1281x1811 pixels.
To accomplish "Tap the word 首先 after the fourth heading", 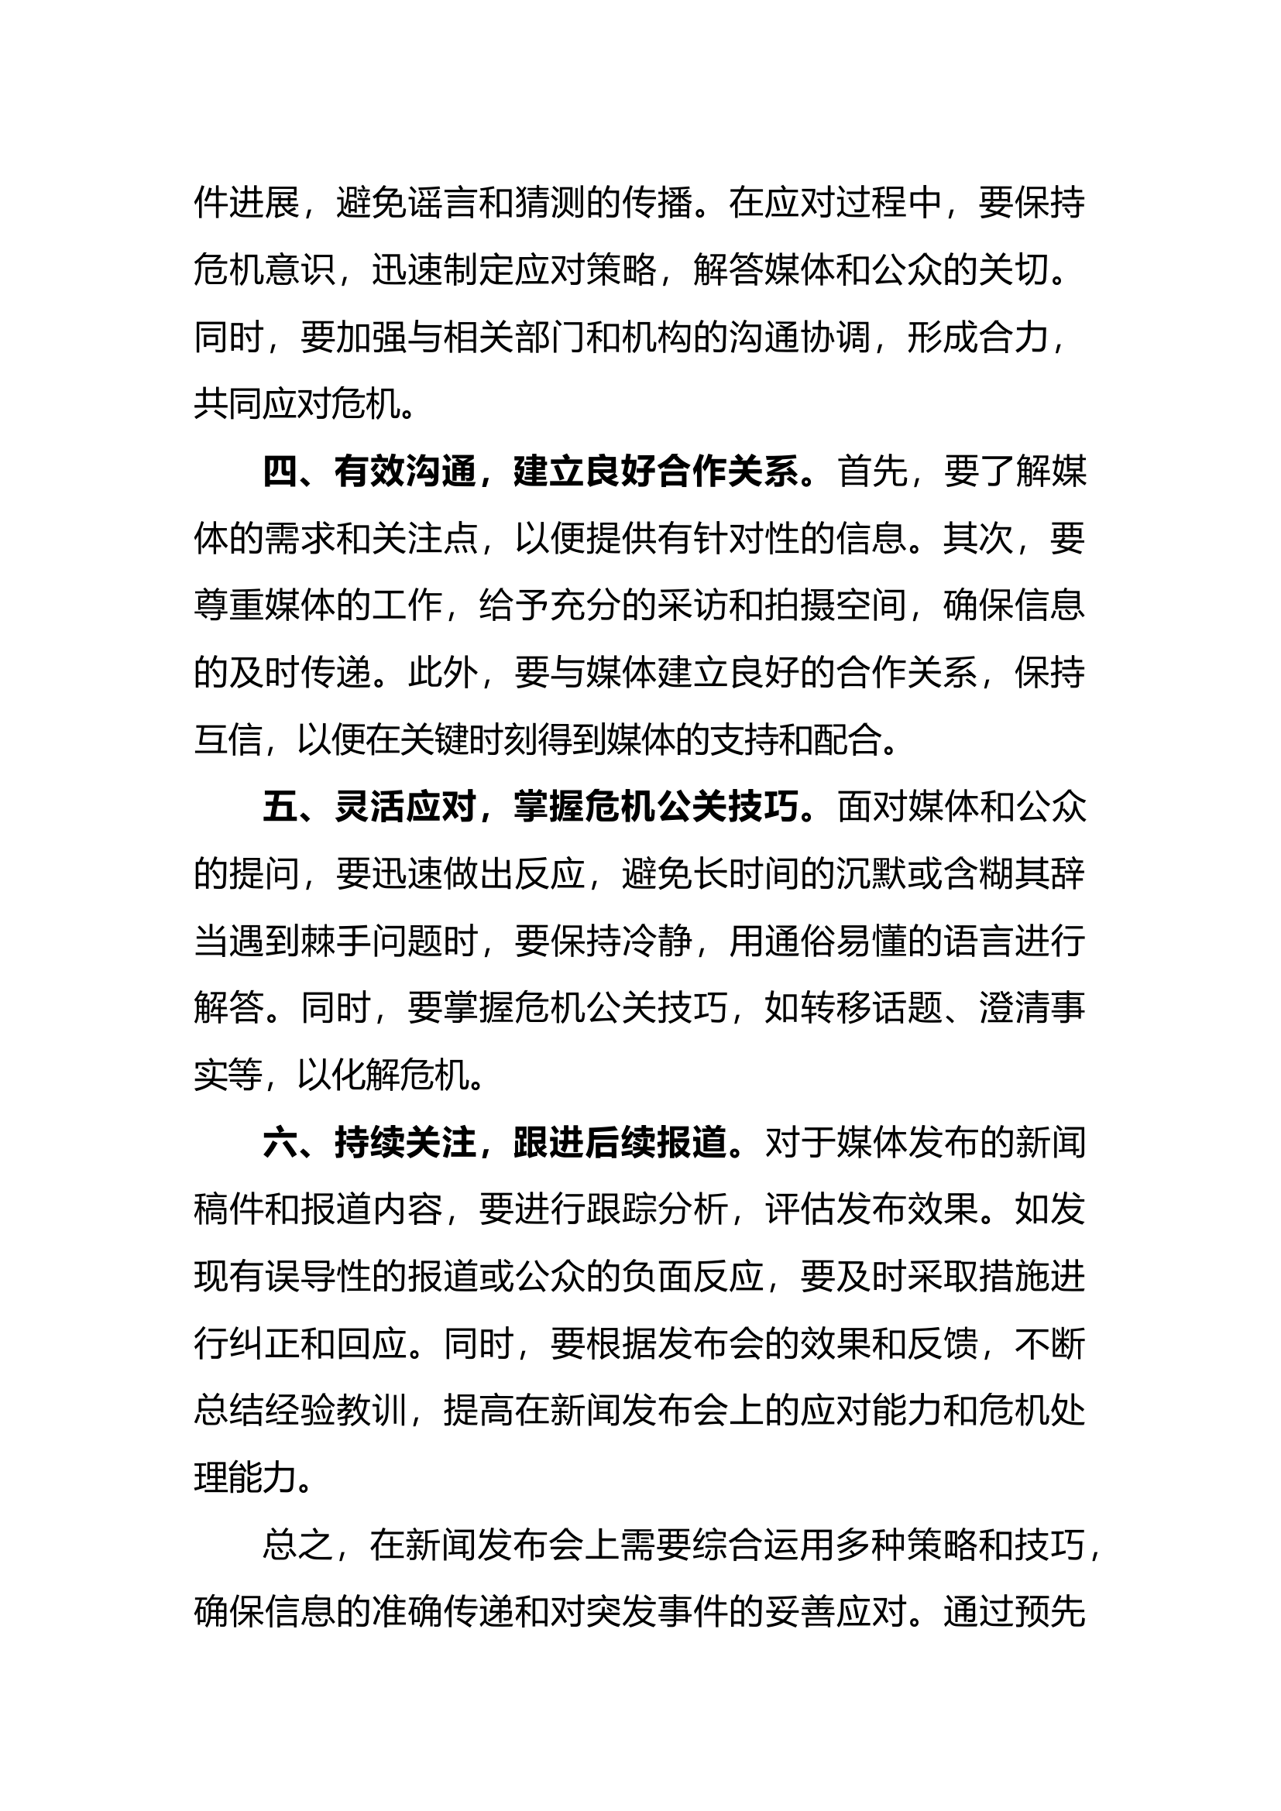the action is [872, 472].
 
